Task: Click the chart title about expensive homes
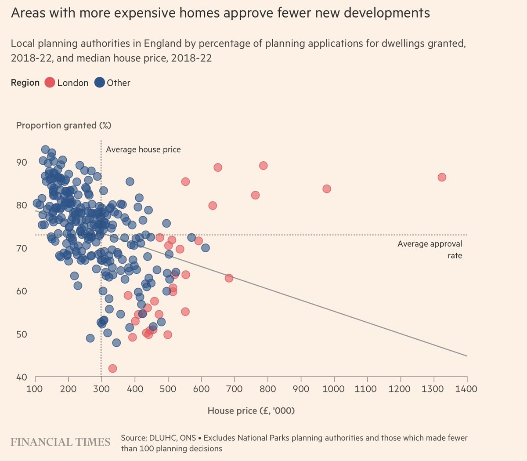(x=220, y=13)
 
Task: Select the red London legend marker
(x=50, y=83)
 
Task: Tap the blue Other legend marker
(x=100, y=83)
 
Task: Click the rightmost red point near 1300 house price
(x=442, y=177)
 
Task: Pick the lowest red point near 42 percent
(x=112, y=368)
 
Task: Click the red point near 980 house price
(x=326, y=189)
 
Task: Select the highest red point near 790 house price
(x=263, y=166)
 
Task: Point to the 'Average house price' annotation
(x=143, y=149)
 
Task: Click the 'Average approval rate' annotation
(x=430, y=250)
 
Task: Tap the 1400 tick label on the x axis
(x=467, y=389)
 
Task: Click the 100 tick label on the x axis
(x=35, y=389)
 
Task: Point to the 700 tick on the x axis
(x=235, y=389)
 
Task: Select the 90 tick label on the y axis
(x=22, y=163)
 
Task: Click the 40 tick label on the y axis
(x=22, y=377)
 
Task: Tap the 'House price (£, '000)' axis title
(x=251, y=411)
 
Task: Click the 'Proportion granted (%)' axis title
(x=64, y=125)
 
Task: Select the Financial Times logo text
(x=61, y=442)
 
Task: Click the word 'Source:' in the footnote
(x=135, y=438)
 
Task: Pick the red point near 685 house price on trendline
(x=229, y=278)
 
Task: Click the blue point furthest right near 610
(x=205, y=248)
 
